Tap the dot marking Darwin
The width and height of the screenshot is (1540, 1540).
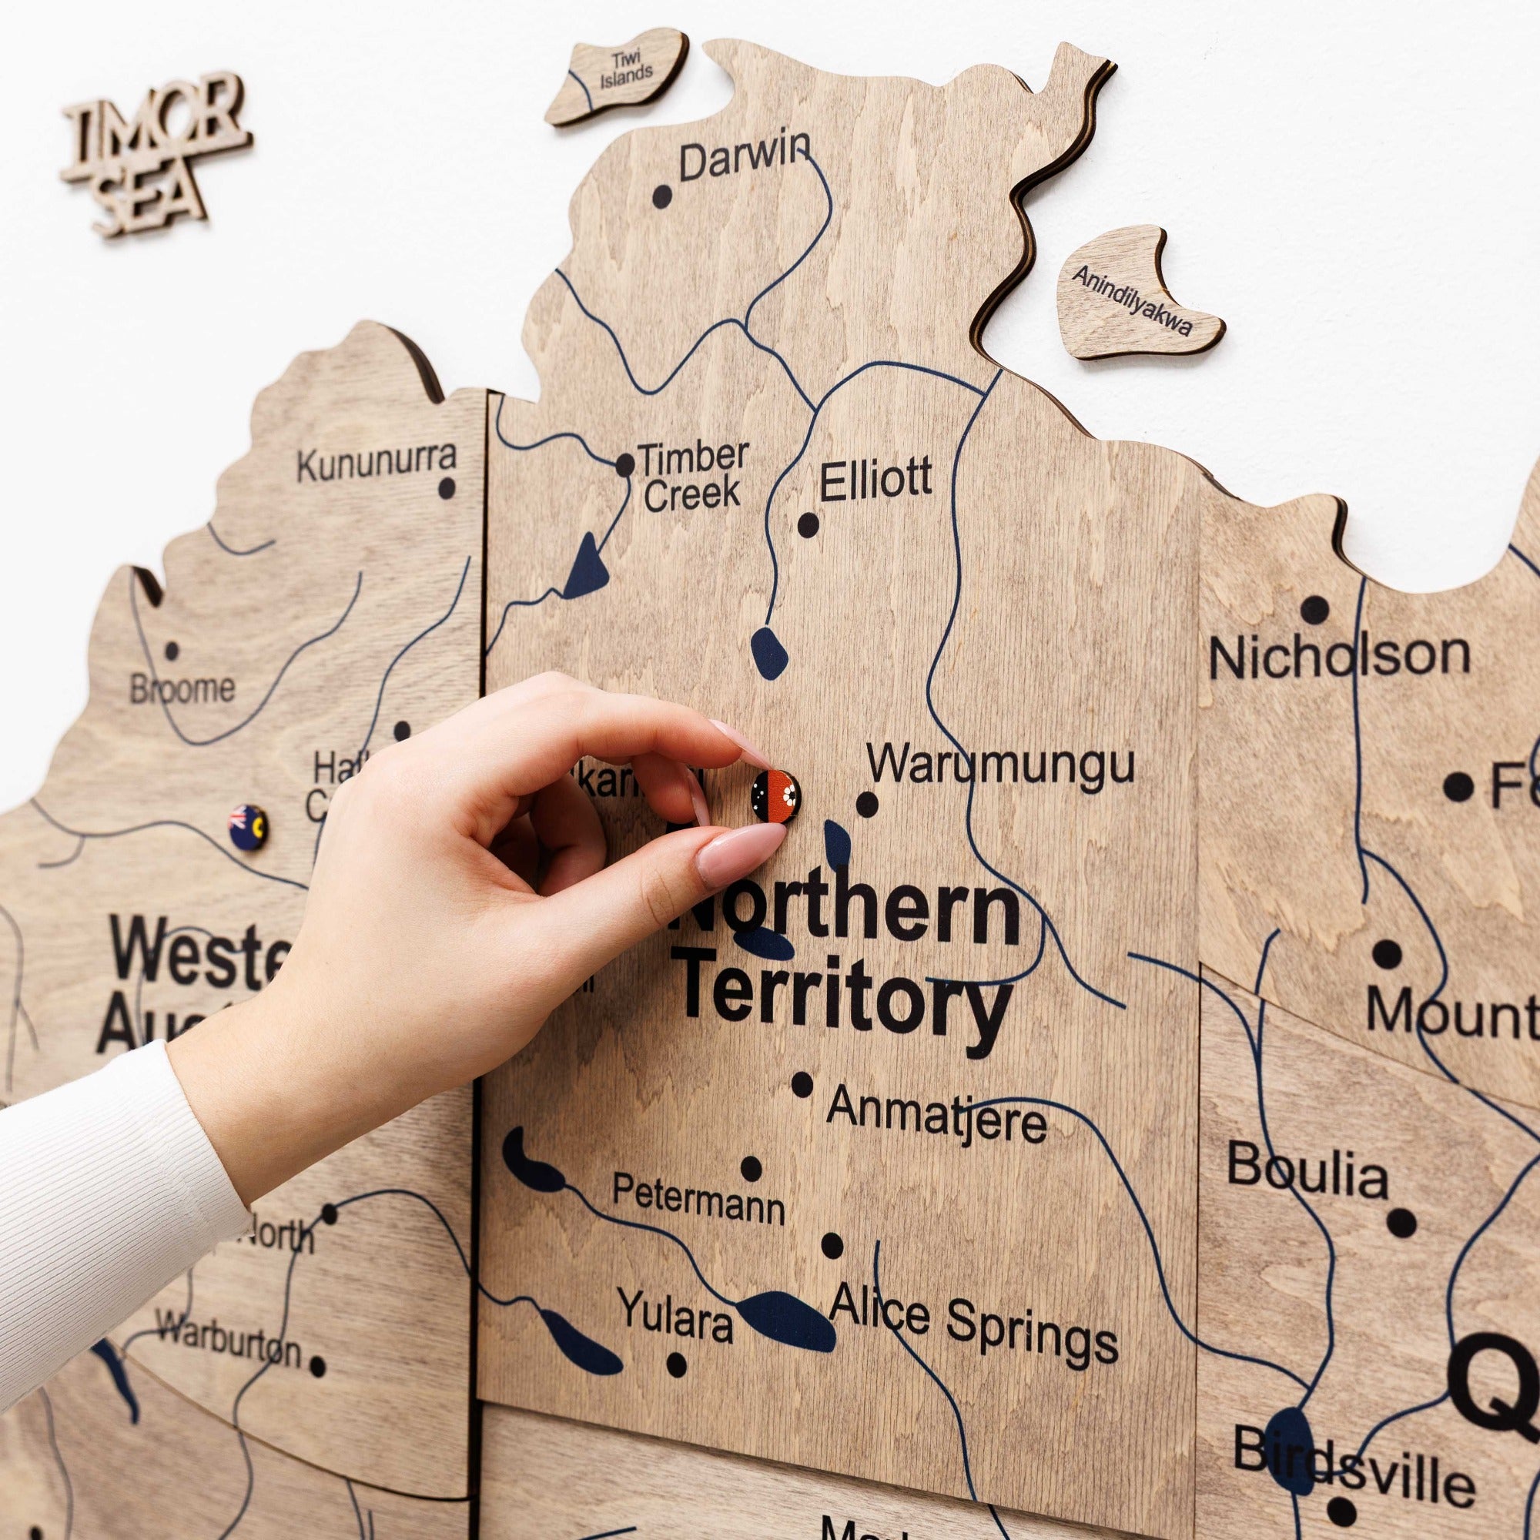pos(661,196)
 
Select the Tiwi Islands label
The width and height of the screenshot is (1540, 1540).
pos(626,70)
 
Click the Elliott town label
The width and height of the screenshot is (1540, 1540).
pos(875,480)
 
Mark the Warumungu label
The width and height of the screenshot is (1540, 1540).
pos(1000,765)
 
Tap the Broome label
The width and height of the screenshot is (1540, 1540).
pos(182,688)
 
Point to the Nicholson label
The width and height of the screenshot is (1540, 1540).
pos(1339,656)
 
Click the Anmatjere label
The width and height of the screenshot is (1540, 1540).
pos(936,1116)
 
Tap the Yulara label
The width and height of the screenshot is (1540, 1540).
pos(675,1314)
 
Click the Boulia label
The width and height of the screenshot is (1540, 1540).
pos(1307,1172)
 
